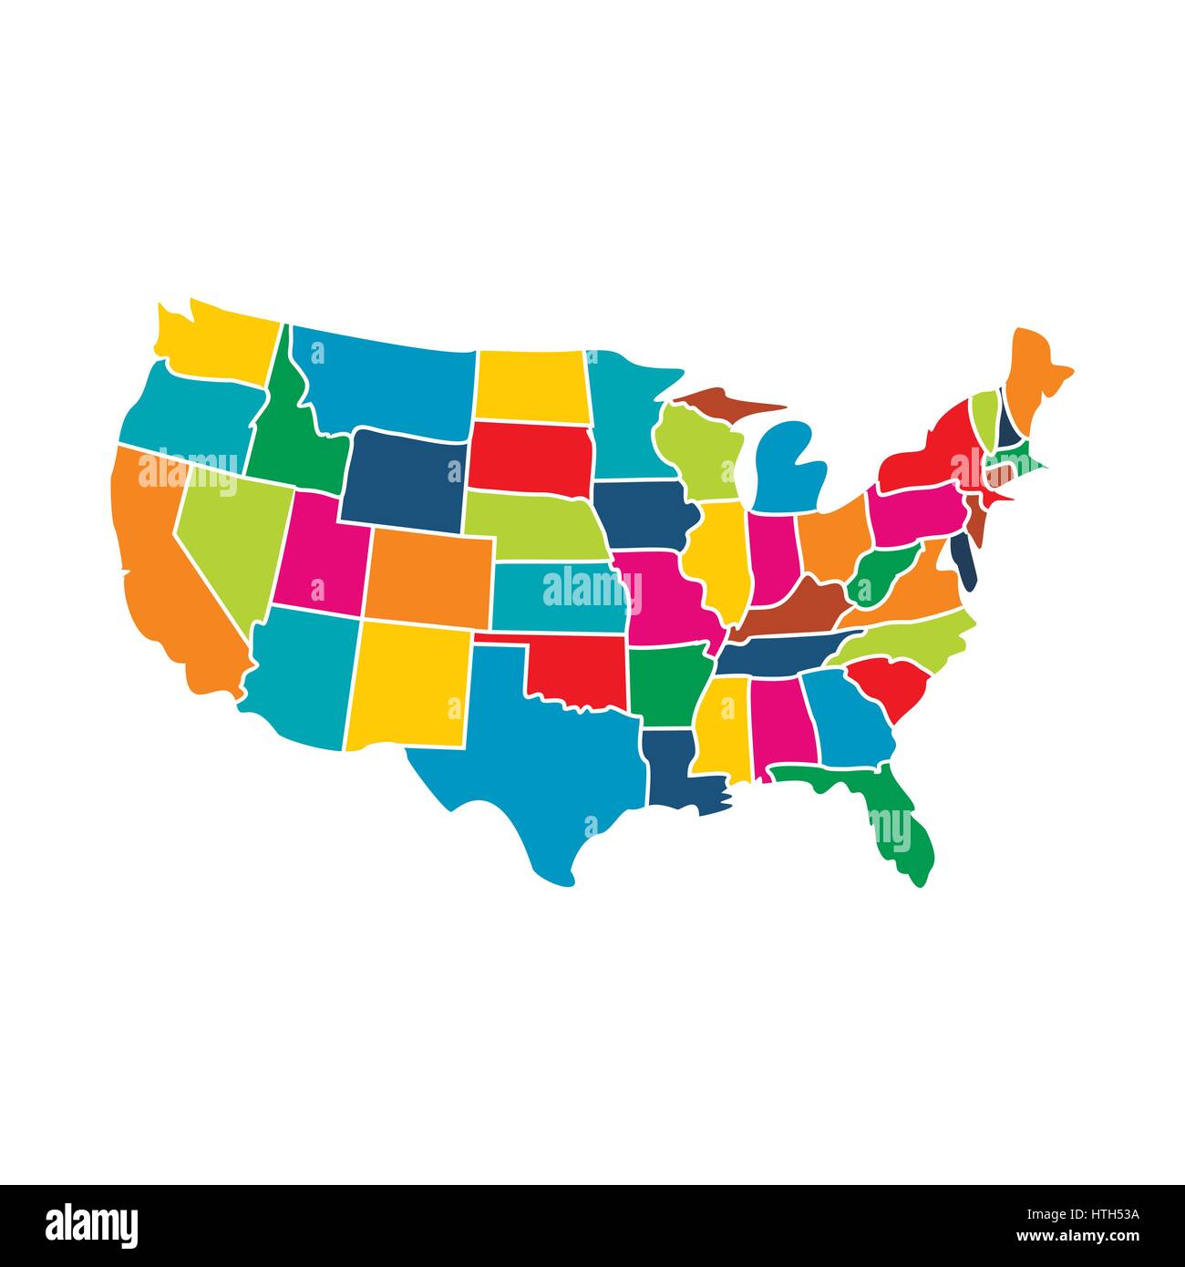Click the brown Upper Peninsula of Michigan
click(720, 401)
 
